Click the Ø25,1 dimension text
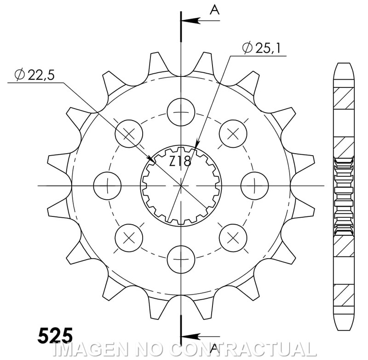click(x=261, y=47)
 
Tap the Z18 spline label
click(x=180, y=161)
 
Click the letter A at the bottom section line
click(x=214, y=347)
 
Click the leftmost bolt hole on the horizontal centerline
click(x=107, y=186)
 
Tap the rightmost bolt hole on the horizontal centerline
click(x=254, y=186)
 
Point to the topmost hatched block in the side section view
click(x=344, y=98)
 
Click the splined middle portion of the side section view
click(x=344, y=194)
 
